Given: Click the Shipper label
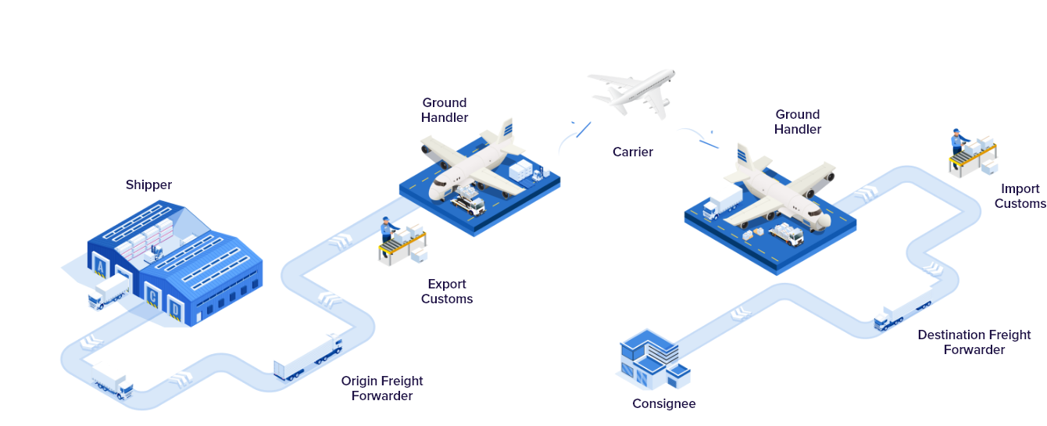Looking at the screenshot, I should pyautogui.click(x=148, y=185).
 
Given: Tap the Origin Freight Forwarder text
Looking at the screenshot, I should pyautogui.click(x=382, y=388).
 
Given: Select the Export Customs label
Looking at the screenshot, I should pyautogui.click(x=447, y=292).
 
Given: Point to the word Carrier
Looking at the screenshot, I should pyautogui.click(x=632, y=152).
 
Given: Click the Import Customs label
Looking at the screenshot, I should pyautogui.click(x=1020, y=195).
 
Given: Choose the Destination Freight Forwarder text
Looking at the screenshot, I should pyautogui.click(x=974, y=342).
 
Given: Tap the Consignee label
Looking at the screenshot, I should pyautogui.click(x=663, y=404).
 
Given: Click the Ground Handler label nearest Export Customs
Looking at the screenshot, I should pyautogui.click(x=445, y=109).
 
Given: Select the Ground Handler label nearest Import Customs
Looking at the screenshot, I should pyautogui.click(x=797, y=121).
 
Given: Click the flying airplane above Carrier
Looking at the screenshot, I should pyautogui.click(x=633, y=91).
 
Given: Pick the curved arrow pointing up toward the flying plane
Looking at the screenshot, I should pyautogui.click(x=574, y=137).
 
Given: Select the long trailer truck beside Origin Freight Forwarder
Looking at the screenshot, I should pyautogui.click(x=308, y=356).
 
